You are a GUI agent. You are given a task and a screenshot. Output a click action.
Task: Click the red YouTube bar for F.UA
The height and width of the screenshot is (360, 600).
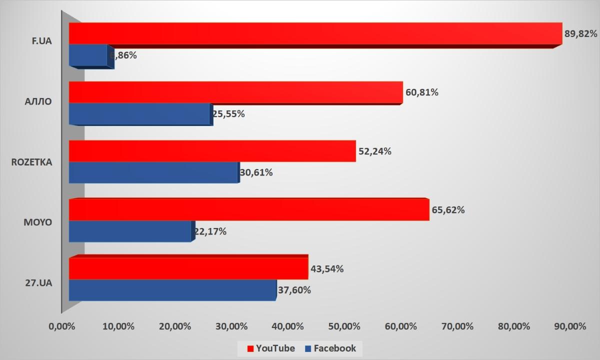315,34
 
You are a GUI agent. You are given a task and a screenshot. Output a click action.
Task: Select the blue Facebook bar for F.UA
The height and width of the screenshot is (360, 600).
88,55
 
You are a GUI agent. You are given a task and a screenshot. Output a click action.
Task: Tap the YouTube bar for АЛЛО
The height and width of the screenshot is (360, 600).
235,92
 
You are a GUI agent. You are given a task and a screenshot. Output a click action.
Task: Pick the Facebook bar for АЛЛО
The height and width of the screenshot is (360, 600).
140,114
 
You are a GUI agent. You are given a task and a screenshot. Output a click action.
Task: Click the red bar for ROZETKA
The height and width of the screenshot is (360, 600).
212,151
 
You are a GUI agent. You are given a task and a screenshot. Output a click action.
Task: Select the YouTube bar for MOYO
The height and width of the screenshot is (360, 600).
248,210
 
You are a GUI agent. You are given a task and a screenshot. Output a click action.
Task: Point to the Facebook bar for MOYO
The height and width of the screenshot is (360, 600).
130,231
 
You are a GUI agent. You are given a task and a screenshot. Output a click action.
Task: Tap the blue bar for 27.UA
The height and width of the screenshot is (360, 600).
172,290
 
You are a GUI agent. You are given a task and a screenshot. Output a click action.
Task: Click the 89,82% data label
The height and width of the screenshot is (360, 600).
581,34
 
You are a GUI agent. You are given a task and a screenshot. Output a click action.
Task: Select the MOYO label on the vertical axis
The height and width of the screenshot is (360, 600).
38,221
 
